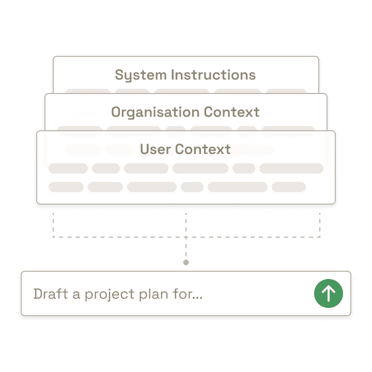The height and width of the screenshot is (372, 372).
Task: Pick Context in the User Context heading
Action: [x=203, y=149]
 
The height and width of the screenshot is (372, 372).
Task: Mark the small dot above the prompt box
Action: [x=186, y=262]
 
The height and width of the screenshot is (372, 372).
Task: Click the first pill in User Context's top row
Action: [x=68, y=168]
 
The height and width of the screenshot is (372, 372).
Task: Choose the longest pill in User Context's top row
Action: [x=291, y=168]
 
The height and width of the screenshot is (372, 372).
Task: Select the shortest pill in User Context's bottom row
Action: [x=192, y=187]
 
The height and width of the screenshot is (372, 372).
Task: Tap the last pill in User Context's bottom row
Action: [x=288, y=187]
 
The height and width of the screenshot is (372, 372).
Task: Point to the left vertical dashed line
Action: [x=53, y=222]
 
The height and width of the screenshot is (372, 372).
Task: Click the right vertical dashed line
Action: [x=319, y=222]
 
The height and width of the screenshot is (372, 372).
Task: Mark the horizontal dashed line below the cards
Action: [x=119, y=237]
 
